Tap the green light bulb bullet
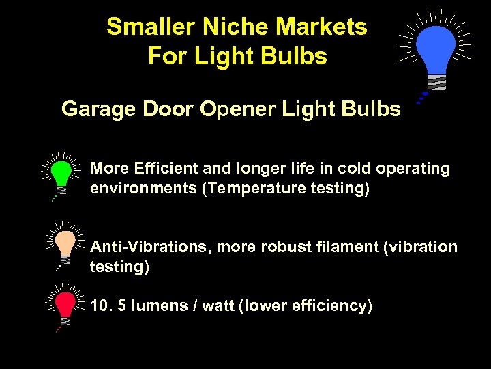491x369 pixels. coord(62,173)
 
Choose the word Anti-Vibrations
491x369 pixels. coord(151,247)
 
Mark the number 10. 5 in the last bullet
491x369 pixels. coord(106,305)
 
